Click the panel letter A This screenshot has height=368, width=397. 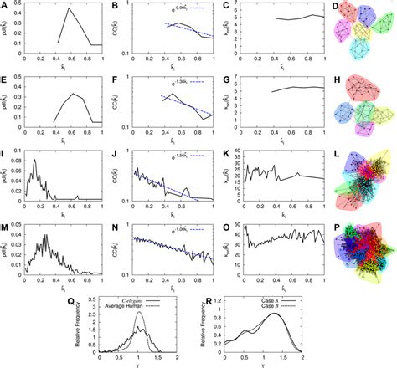5,5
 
